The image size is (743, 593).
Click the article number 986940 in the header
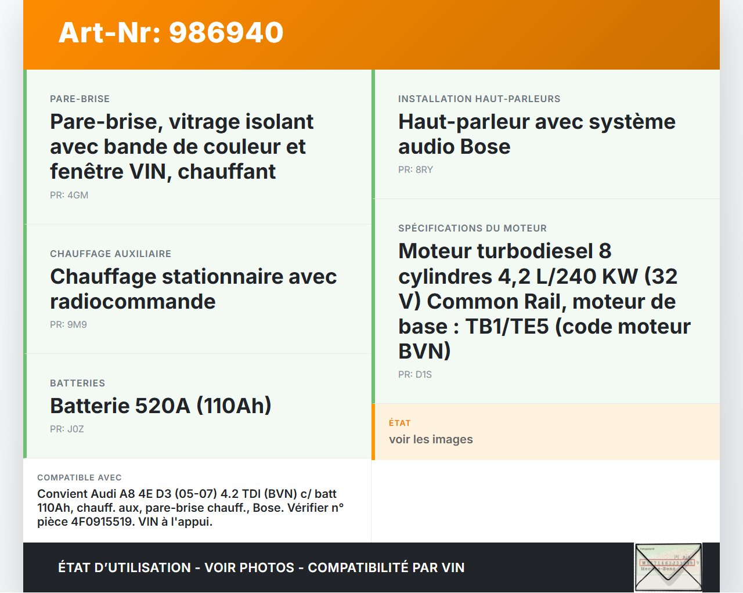[226, 32]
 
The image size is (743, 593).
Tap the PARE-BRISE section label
[80, 99]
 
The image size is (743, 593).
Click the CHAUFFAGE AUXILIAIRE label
[110, 254]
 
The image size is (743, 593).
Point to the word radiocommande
[133, 302]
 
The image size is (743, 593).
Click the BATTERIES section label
[77, 384]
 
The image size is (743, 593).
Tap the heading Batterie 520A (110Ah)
[161, 406]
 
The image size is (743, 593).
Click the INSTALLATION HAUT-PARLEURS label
[479, 99]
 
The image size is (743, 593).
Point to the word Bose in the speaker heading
[485, 147]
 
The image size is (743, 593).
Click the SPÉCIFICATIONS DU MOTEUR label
[473, 229]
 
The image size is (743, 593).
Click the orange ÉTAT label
[400, 423]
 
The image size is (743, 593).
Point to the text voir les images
[431, 440]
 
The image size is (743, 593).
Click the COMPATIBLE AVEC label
[80, 478]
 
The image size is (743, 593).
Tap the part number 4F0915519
[102, 522]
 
